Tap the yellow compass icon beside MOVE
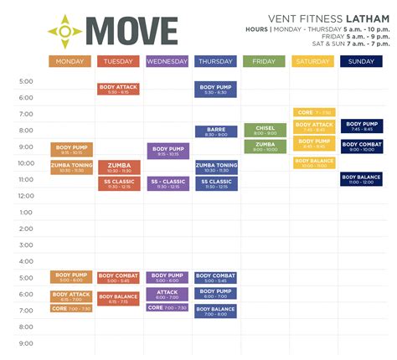click(x=64, y=31)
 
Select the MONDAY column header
click(x=70, y=61)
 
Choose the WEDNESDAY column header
click(x=168, y=61)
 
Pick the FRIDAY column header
click(x=265, y=61)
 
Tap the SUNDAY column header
click(x=362, y=61)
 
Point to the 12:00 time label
click(x=26, y=196)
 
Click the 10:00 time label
click(x=26, y=163)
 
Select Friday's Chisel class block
click(x=265, y=131)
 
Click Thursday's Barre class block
click(x=216, y=131)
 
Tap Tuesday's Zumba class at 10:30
click(x=119, y=167)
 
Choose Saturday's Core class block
click(x=313, y=112)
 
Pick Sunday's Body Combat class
click(x=362, y=147)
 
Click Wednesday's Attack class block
click(x=168, y=294)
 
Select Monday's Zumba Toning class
click(x=70, y=167)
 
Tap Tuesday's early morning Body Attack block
click(x=119, y=89)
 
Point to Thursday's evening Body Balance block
click(x=216, y=311)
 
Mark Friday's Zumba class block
click(x=265, y=147)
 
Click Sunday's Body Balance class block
click(x=362, y=178)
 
